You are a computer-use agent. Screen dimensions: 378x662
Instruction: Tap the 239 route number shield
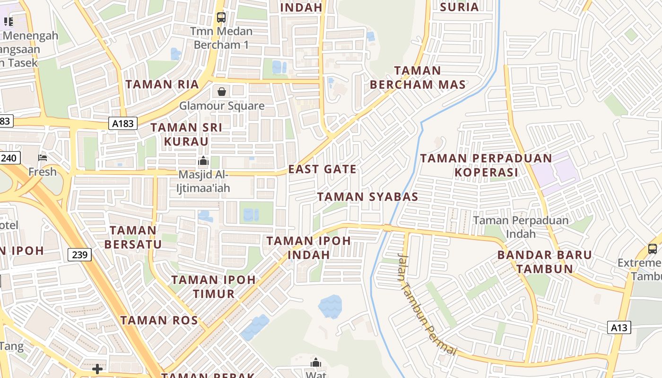tap(80, 255)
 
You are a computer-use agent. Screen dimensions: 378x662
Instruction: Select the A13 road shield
tap(619, 327)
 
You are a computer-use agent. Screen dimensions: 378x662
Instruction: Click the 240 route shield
tap(9, 158)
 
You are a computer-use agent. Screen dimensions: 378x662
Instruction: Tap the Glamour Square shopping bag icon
tap(221, 92)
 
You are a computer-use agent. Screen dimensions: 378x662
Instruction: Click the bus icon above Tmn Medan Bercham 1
tap(221, 17)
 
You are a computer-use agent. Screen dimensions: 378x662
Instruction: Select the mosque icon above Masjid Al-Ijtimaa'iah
tap(203, 161)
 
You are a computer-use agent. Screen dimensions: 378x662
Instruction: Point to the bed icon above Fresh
tap(43, 158)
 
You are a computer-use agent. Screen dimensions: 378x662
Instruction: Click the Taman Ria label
tap(162, 85)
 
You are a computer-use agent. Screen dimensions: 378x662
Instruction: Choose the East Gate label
tap(322, 169)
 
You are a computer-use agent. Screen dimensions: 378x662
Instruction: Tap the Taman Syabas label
tap(367, 197)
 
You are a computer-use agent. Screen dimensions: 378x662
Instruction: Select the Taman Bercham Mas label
tap(418, 78)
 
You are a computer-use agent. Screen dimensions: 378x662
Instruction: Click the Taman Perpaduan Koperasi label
tap(486, 165)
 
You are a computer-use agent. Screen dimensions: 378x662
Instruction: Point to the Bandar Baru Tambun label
tap(544, 262)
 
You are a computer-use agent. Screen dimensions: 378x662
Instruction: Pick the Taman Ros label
tap(159, 320)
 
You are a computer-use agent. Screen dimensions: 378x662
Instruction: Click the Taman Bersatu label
tap(133, 237)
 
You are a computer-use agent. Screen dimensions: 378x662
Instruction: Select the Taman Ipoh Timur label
tap(214, 286)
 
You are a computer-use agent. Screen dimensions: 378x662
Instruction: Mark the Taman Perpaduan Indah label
tap(521, 227)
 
